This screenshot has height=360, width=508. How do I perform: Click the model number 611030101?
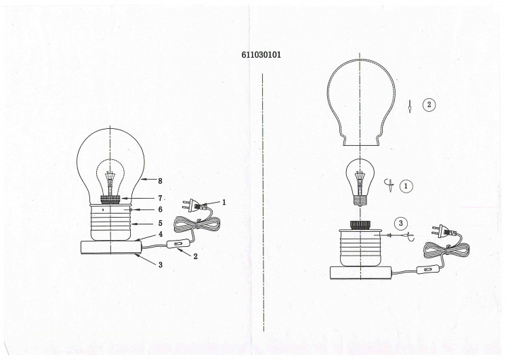click(261, 54)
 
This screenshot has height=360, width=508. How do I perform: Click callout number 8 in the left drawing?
click(160, 181)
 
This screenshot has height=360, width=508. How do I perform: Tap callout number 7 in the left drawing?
click(160, 198)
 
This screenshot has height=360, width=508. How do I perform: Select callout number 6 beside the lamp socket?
click(160, 209)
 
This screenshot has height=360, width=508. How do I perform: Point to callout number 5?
click(160, 223)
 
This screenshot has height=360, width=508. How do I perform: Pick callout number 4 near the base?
click(161, 234)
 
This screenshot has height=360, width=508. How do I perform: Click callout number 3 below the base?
click(161, 264)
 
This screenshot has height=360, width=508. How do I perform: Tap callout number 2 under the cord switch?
click(195, 256)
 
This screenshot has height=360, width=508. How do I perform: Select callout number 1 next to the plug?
click(224, 203)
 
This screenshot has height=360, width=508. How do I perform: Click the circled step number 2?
click(429, 104)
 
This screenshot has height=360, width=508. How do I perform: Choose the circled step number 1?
click(406, 186)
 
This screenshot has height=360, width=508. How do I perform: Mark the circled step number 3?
click(401, 223)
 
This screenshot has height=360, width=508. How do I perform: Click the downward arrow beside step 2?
click(410, 106)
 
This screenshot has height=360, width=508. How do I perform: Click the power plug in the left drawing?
click(194, 205)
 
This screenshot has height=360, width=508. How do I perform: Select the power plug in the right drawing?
click(443, 232)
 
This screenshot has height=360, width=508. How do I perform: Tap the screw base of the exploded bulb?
click(360, 201)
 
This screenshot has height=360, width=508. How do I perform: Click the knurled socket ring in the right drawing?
click(360, 225)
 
